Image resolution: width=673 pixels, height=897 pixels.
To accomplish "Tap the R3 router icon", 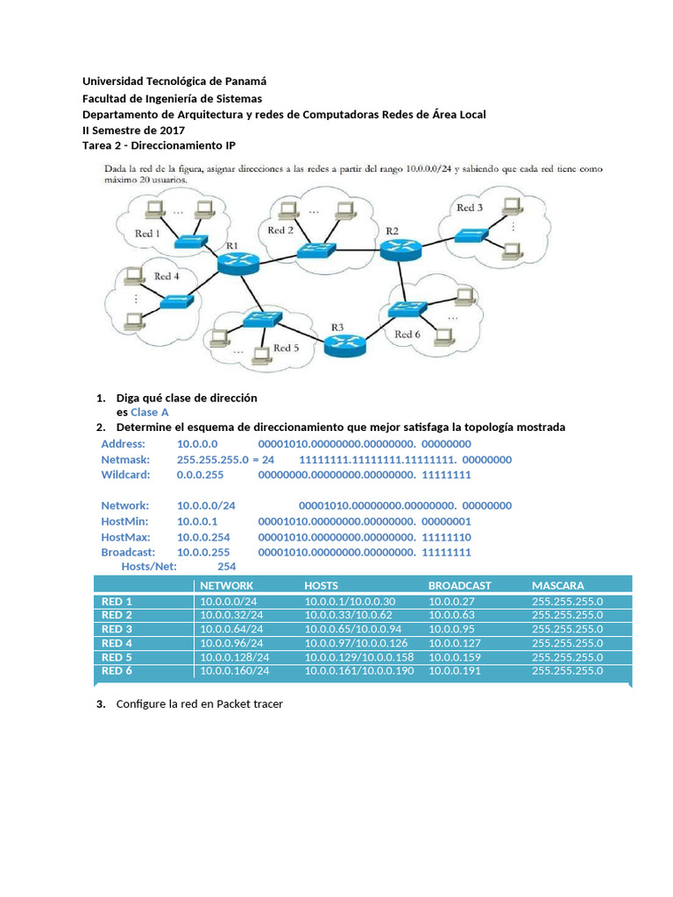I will tap(345, 345).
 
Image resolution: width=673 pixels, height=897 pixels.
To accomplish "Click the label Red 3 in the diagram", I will tap(470, 208).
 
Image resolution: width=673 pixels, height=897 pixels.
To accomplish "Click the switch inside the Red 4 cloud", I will tap(178, 301).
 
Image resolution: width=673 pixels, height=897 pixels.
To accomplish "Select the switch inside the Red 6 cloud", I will tap(405, 308).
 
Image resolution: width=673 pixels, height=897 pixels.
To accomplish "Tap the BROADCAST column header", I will tap(459, 585).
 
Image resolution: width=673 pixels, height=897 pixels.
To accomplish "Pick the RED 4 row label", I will tap(117, 643).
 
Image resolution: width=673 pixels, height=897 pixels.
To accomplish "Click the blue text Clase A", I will tap(150, 412).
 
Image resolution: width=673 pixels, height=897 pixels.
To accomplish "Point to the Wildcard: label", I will tap(125, 475).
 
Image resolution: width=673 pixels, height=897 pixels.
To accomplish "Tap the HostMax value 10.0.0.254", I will tap(203, 537).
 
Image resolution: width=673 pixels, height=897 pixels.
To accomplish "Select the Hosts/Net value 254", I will tap(227, 567).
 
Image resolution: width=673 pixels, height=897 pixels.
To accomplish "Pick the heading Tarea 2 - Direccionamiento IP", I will tap(159, 145).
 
